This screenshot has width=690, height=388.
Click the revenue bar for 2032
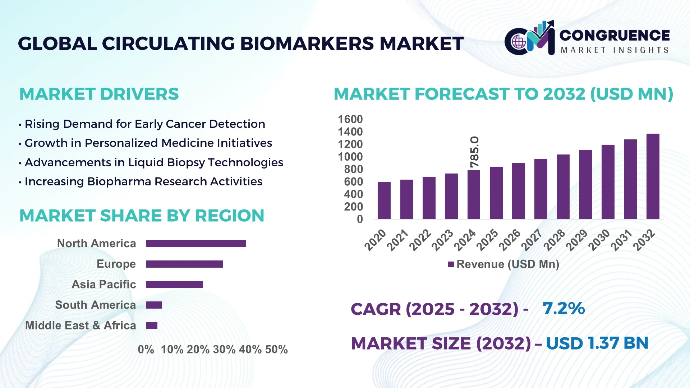653,177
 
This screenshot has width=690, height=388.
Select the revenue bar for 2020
384,201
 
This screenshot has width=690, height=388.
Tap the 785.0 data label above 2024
474,152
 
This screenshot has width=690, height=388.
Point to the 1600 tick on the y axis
350,119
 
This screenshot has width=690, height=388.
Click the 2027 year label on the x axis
532,240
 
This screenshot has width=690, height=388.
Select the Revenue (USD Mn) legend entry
503,264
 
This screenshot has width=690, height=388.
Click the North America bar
196,244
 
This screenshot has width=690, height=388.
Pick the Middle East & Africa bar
152,325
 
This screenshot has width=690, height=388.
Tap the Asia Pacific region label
104,285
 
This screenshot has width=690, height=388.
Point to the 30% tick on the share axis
224,350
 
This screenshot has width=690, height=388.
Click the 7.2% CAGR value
563,308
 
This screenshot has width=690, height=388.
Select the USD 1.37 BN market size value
597,343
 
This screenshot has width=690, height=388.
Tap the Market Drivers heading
99,94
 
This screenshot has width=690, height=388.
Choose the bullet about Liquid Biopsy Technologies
154,162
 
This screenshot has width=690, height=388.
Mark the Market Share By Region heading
142,216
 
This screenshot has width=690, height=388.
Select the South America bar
154,305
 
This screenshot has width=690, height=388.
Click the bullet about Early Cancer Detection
145,124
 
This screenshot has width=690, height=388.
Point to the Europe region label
116,264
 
